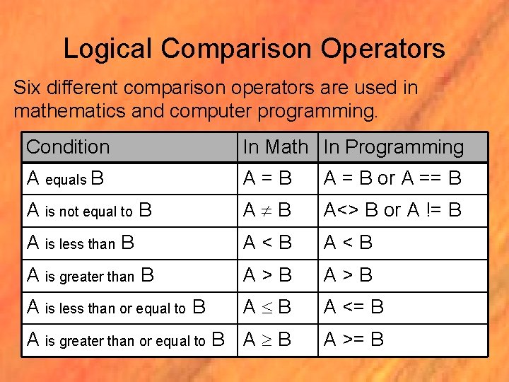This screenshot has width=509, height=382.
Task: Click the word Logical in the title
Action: pyautogui.click(x=108, y=49)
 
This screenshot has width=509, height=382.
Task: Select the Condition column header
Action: pyautogui.click(x=68, y=147)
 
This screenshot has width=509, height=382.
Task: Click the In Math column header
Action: pyautogui.click(x=275, y=147)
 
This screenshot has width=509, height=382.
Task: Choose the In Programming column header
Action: pyautogui.click(x=394, y=147)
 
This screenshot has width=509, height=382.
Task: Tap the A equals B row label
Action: pyautogui.click(x=66, y=179)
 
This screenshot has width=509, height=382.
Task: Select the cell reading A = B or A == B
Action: pyautogui.click(x=392, y=178)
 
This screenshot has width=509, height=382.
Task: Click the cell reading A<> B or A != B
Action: pyautogui.click(x=392, y=210)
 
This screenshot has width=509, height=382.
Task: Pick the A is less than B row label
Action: pyautogui.click(x=80, y=243)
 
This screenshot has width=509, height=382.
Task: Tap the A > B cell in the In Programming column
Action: pyautogui.click(x=348, y=274)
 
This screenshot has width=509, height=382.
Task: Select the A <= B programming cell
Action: pyautogui.click(x=353, y=307)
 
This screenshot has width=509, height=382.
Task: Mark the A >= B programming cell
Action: pyautogui.click(x=353, y=340)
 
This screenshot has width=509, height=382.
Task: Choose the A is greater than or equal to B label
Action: pyautogui.click(x=124, y=340)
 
